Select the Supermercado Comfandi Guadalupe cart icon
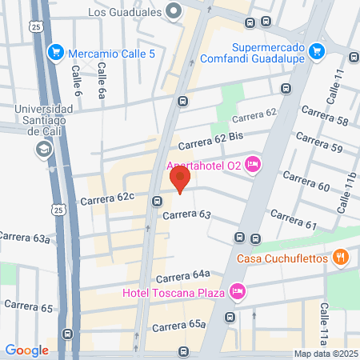317,50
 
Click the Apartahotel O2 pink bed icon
254,165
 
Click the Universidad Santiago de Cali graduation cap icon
44,150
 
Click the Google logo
26,350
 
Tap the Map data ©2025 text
324,354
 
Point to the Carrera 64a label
183,277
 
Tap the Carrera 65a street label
179,326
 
